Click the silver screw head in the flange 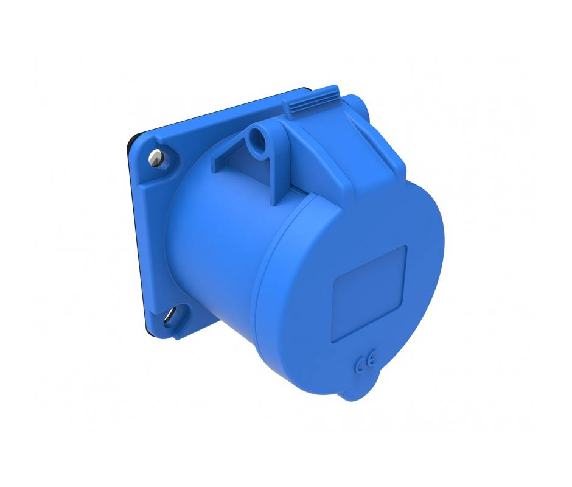156,158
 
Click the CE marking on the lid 365,362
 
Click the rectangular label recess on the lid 369,294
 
